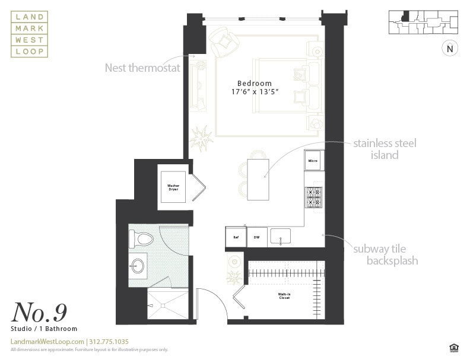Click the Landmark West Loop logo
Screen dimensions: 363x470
point(29,36)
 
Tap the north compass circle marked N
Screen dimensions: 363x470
point(449,49)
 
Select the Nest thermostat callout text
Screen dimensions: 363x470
point(142,68)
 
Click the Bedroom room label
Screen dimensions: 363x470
point(254,84)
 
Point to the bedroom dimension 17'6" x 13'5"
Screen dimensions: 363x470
point(254,92)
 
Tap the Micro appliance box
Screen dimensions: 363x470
point(313,161)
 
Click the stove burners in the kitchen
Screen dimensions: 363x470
point(313,197)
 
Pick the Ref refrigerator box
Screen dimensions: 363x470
point(236,237)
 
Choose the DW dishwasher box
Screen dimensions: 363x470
point(256,237)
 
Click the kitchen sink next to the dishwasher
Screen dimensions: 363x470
point(280,236)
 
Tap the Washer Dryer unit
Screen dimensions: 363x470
point(173,187)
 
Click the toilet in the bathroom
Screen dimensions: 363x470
point(141,239)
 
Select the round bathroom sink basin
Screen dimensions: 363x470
point(138,265)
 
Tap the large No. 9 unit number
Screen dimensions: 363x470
point(39,312)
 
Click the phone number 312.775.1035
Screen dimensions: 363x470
point(109,342)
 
